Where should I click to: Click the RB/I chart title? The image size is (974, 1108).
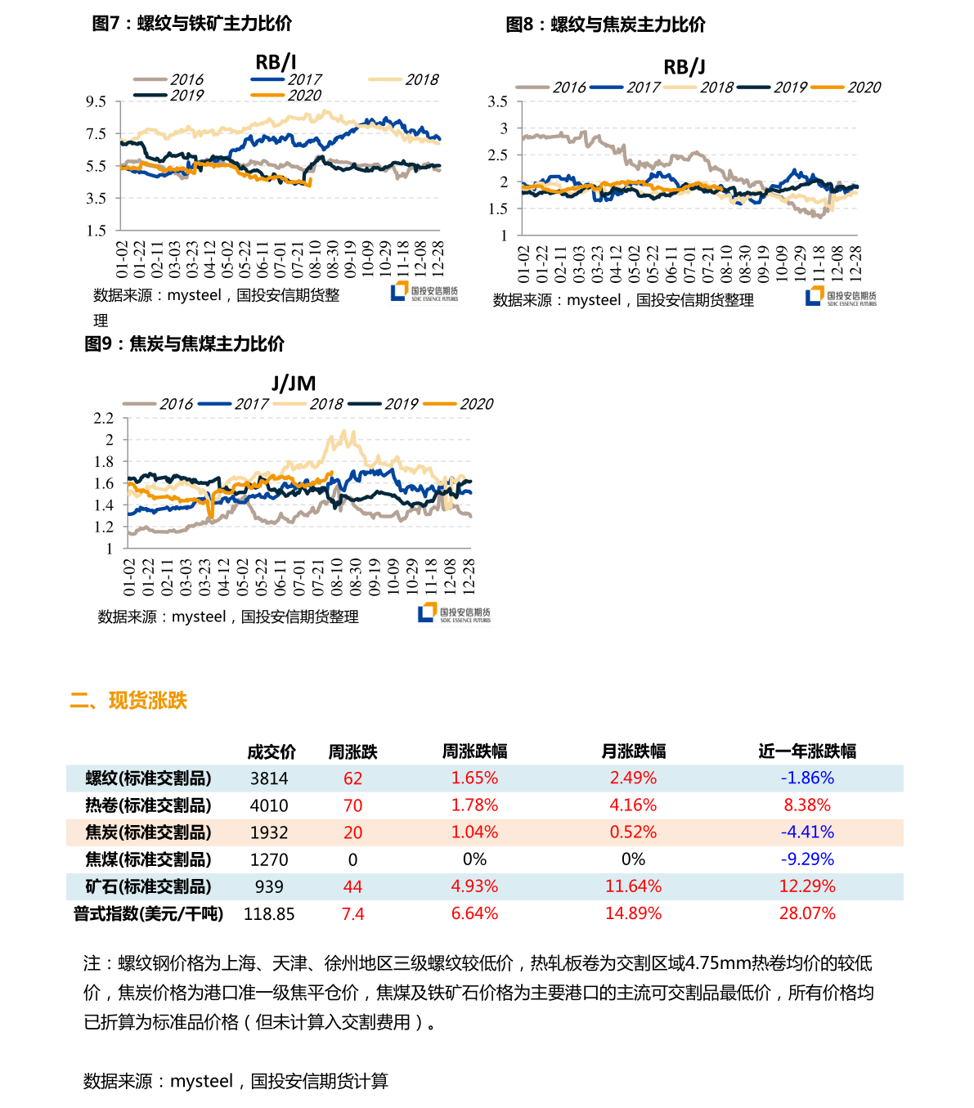276,61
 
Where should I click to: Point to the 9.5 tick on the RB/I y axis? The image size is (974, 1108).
97,101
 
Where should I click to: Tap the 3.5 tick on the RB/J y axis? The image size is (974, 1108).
497,101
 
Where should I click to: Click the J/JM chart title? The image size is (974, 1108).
294,383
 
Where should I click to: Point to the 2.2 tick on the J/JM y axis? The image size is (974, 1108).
104,418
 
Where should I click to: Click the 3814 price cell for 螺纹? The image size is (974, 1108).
269,778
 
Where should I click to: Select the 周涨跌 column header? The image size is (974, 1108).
352,751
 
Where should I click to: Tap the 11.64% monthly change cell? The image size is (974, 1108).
633,886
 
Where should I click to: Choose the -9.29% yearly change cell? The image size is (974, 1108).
807,859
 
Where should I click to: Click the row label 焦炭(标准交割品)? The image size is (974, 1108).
148,832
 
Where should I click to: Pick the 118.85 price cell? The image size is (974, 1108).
269,914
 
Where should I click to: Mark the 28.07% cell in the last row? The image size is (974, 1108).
807,913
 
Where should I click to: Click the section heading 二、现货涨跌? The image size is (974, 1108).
128,701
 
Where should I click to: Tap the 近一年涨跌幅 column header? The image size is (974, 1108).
807,751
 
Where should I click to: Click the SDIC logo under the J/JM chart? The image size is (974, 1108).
454,613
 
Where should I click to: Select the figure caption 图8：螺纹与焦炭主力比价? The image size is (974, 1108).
605,25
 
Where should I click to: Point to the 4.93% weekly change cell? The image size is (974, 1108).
474,886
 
